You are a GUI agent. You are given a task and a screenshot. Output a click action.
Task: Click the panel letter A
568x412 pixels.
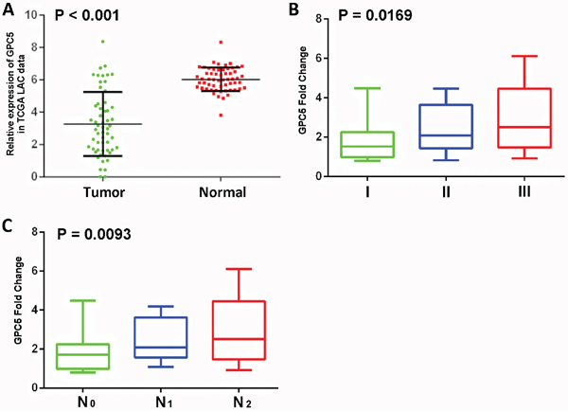(9, 9)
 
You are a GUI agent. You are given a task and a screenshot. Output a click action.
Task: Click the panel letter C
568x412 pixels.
(9, 227)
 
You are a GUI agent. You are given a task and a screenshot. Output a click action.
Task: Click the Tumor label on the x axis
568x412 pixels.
(99, 192)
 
